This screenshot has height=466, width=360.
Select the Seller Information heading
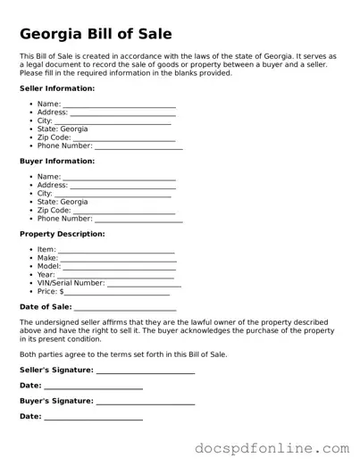57,89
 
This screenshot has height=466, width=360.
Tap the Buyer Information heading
56,162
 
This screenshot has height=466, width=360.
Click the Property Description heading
62,234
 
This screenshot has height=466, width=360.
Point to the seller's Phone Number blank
138,146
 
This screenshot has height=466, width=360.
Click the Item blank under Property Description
116,251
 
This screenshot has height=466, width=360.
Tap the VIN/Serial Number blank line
144,284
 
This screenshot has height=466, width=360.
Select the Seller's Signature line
146,370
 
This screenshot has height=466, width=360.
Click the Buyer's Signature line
146,402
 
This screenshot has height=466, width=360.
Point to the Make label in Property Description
47,258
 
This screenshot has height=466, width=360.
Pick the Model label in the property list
49,266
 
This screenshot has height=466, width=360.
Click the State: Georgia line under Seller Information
63,129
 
